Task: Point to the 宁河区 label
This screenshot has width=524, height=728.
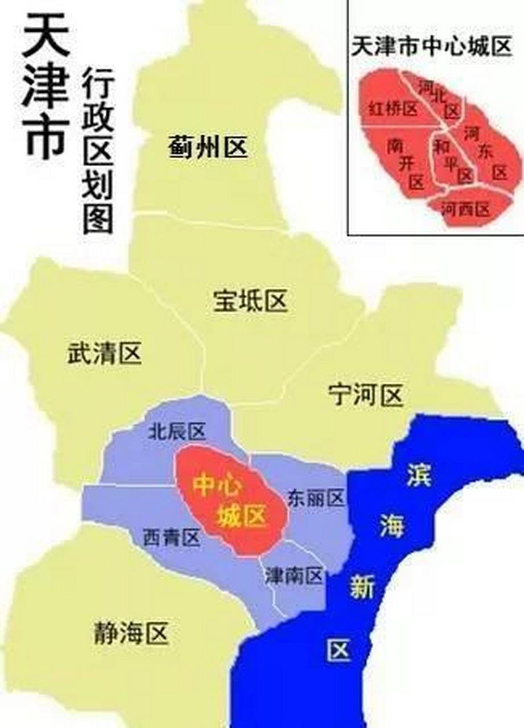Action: click(x=366, y=394)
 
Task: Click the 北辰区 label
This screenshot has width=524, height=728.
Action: click(x=176, y=432)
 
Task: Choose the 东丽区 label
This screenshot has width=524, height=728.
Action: click(x=316, y=498)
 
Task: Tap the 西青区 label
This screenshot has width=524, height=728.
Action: click(x=171, y=536)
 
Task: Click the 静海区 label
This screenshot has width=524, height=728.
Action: click(x=131, y=632)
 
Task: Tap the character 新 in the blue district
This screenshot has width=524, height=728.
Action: click(x=362, y=588)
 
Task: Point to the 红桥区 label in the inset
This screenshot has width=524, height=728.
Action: click(x=393, y=109)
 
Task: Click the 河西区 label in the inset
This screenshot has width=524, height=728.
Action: click(x=466, y=209)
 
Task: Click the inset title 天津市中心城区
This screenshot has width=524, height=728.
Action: click(x=432, y=47)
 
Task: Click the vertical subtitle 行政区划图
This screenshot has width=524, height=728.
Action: click(x=98, y=151)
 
